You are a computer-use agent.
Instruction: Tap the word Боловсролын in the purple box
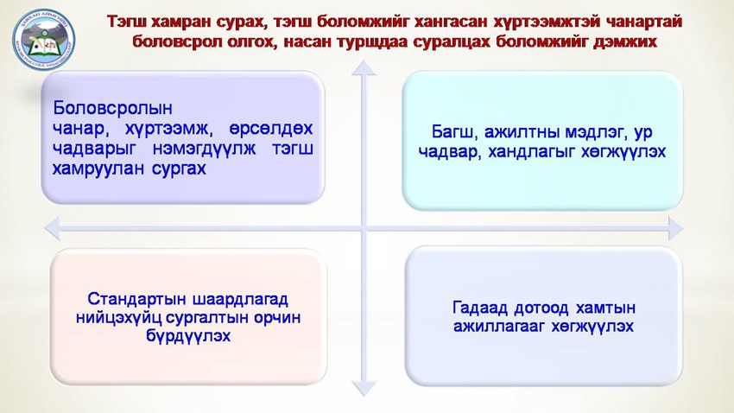[114, 110]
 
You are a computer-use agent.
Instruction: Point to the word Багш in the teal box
[453, 133]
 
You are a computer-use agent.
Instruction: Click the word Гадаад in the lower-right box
[480, 308]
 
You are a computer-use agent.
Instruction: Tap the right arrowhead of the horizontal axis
[674, 228]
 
